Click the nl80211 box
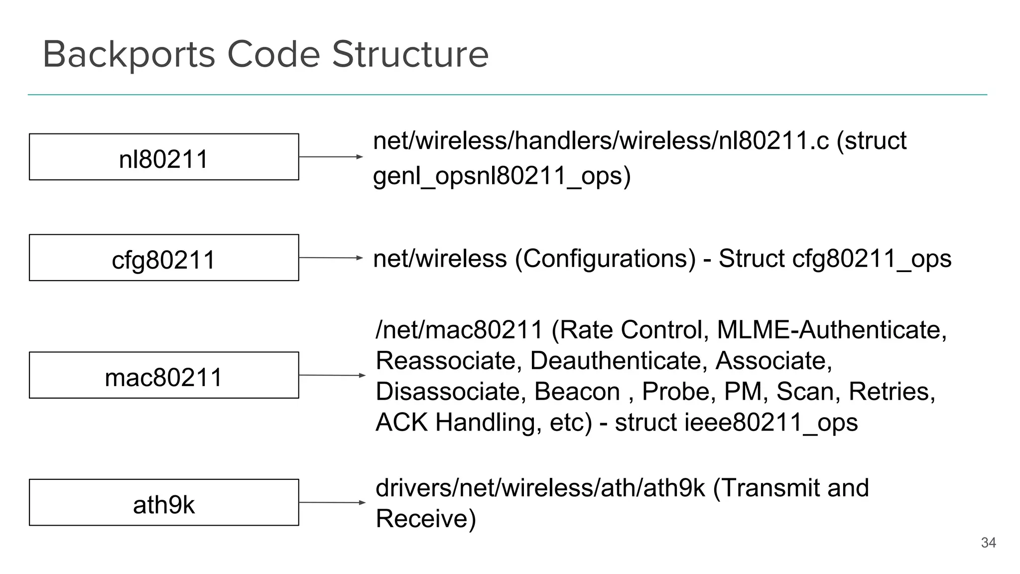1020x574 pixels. [x=164, y=157]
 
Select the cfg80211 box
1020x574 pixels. [x=164, y=258]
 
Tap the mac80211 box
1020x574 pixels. [x=164, y=375]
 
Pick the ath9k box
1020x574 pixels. [x=164, y=502]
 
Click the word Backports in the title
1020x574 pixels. [x=129, y=55]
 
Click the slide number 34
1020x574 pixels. [x=988, y=543]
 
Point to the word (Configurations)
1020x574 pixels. [x=605, y=259]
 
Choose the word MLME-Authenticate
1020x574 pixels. [x=831, y=330]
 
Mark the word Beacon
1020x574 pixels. [x=577, y=392]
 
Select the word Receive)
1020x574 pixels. [x=426, y=519]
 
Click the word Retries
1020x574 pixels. [x=891, y=392]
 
